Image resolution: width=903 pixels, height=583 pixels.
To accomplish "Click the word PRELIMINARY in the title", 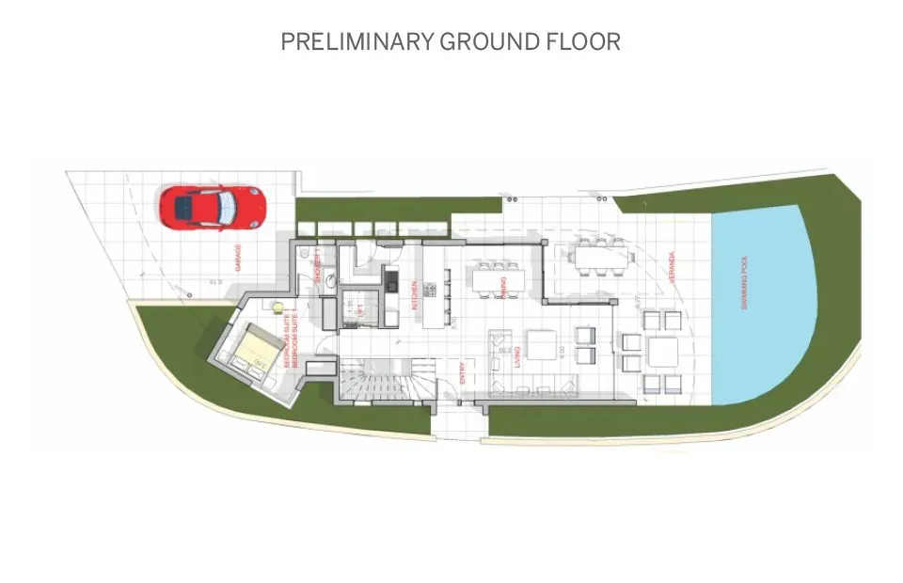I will pyautogui.click(x=356, y=41).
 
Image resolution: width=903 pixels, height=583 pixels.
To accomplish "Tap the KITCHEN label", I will pyautogui.click(x=415, y=296).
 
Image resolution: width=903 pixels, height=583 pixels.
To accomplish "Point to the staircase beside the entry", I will pyautogui.click(x=376, y=382).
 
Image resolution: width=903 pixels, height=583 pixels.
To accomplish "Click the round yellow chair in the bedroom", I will pyautogui.click(x=278, y=305).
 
